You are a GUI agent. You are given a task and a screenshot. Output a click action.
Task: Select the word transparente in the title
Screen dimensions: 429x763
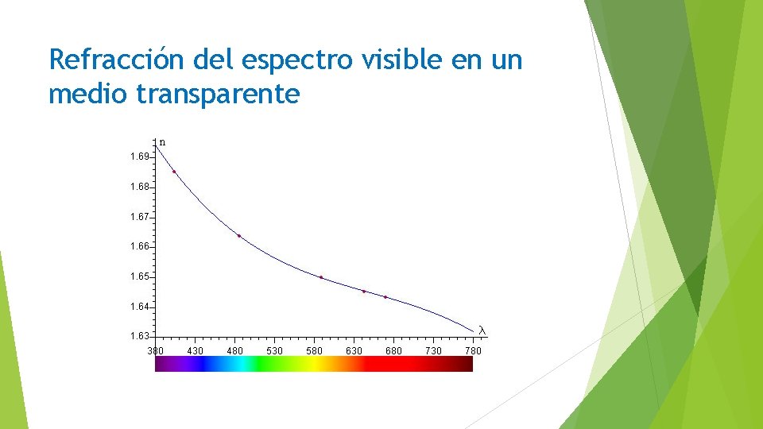[x=219, y=94]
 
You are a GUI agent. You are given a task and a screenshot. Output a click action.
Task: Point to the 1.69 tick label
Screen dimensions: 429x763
[x=139, y=157]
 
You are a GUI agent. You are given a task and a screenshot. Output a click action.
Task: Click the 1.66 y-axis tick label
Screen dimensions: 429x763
[x=139, y=247]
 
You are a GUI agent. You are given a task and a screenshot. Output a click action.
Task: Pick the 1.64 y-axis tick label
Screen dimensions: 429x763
[x=139, y=307]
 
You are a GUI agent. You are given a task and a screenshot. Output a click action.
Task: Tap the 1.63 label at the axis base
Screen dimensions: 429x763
[x=139, y=336]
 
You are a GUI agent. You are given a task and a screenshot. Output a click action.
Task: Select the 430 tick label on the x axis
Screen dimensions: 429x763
[x=195, y=350]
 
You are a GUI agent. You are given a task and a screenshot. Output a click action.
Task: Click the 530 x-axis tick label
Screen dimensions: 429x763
[x=274, y=350]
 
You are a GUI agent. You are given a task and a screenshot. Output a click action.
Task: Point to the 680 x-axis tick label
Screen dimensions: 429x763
[x=393, y=350]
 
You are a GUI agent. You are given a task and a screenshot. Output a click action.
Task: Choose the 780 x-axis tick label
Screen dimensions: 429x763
[x=473, y=350]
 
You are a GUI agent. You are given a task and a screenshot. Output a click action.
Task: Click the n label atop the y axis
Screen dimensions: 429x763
[x=162, y=143]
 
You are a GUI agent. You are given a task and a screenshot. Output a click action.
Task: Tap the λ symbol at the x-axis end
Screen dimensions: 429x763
[x=481, y=330]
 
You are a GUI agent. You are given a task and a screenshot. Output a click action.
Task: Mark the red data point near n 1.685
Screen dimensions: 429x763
[x=174, y=172]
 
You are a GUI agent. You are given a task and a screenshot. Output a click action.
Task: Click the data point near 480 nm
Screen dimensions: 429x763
[x=239, y=236]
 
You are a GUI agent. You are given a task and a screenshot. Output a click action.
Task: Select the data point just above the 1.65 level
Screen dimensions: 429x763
[x=321, y=277]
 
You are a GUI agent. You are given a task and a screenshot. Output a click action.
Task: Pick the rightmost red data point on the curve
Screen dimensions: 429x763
[x=385, y=297]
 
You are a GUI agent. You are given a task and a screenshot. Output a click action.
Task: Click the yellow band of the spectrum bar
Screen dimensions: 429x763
[x=314, y=364]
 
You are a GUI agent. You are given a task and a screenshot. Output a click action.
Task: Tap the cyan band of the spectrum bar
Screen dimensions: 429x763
[x=238, y=364]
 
